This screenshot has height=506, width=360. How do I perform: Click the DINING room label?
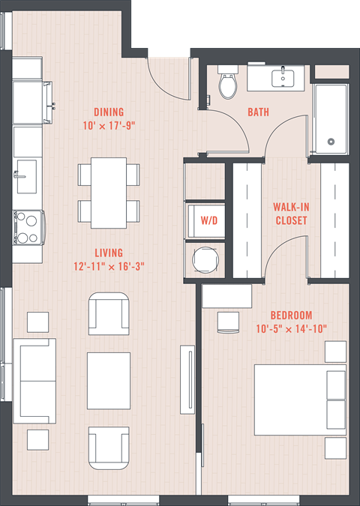(109, 112)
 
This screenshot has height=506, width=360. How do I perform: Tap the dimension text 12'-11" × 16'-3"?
(109, 267)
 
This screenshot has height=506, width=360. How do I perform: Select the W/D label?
(209, 220)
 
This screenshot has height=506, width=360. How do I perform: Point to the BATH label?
(258, 112)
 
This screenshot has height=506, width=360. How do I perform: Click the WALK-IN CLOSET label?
(291, 214)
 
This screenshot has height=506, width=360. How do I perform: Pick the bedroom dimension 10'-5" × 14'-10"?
(291, 329)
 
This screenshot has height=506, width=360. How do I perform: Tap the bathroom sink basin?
(283, 79)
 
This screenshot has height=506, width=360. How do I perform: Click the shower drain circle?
(331, 142)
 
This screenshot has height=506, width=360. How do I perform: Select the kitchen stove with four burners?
(28, 227)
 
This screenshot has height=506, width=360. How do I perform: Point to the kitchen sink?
(26, 176)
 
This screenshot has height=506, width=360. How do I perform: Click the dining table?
(109, 193)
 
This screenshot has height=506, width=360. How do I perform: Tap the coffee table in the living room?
(109, 381)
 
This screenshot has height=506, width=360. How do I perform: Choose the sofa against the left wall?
(34, 381)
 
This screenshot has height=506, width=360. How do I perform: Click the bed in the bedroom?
(300, 400)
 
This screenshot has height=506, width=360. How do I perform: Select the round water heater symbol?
(205, 259)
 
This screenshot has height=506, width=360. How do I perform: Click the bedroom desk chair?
(228, 322)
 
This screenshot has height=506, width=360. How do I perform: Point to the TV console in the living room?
(187, 379)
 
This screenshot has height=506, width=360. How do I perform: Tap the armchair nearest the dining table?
(109, 313)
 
